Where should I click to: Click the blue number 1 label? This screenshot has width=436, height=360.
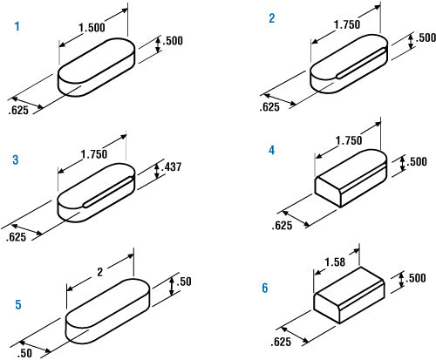click(17, 26)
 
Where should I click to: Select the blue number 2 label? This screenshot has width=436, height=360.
click(272, 18)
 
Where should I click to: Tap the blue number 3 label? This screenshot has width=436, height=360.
click(16, 160)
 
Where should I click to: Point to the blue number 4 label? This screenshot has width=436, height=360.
click(271, 150)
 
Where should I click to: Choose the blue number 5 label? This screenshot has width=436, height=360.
click(18, 304)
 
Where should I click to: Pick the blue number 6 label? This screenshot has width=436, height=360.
click(265, 288)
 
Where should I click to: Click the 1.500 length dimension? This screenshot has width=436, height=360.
click(92, 28)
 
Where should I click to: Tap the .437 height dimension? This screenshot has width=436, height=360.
click(172, 166)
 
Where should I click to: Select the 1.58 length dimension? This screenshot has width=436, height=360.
click(335, 262)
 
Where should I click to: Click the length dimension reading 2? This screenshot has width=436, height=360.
click(100, 272)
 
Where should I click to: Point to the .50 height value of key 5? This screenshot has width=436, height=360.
click(184, 282)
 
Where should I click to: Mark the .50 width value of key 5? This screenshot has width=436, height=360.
click(24, 353)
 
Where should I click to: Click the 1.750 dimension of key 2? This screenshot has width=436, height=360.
click(347, 24)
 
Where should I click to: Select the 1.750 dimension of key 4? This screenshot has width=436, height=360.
click(349, 141)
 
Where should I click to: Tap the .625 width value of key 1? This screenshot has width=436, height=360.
click(18, 110)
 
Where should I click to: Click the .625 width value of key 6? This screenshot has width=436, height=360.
click(281, 342)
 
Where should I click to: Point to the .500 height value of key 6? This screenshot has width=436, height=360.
click(416, 278)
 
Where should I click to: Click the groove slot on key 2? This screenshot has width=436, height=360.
click(361, 63)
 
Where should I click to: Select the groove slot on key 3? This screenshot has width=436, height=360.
click(108, 192)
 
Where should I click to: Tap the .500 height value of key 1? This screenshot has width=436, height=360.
click(173, 41)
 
